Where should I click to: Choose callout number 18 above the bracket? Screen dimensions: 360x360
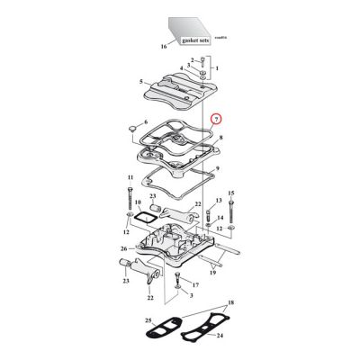[x=233, y=306]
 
